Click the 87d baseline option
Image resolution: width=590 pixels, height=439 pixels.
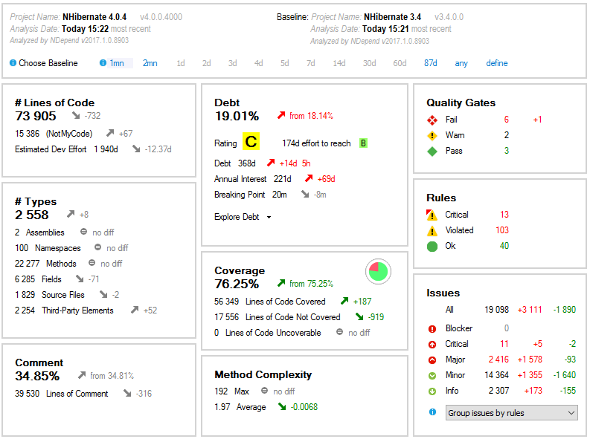[431, 63]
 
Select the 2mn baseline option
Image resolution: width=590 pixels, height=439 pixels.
[150, 63]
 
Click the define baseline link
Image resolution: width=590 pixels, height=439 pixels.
[497, 63]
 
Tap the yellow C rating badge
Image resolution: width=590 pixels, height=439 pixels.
[251, 143]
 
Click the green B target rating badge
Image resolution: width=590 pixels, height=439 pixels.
[363, 143]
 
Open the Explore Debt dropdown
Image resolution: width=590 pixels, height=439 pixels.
[243, 217]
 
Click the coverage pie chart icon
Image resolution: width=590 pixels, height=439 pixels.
[379, 272]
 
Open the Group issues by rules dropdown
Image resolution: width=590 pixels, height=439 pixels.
[511, 413]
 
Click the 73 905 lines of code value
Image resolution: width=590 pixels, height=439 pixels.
[36, 116]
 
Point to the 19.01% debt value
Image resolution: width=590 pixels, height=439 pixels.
[237, 116]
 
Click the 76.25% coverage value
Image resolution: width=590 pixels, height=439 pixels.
[237, 284]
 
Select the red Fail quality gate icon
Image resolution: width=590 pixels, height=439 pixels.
[432, 120]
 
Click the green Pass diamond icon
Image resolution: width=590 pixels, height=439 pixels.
[432, 151]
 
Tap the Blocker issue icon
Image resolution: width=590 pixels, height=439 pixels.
[432, 328]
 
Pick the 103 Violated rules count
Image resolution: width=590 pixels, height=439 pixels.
[502, 230]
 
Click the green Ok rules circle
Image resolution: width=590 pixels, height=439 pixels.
[432, 246]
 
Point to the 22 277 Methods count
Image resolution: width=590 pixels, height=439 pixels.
[30, 264]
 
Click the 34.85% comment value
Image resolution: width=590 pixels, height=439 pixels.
[37, 376]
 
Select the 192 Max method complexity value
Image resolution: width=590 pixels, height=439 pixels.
[221, 391]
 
